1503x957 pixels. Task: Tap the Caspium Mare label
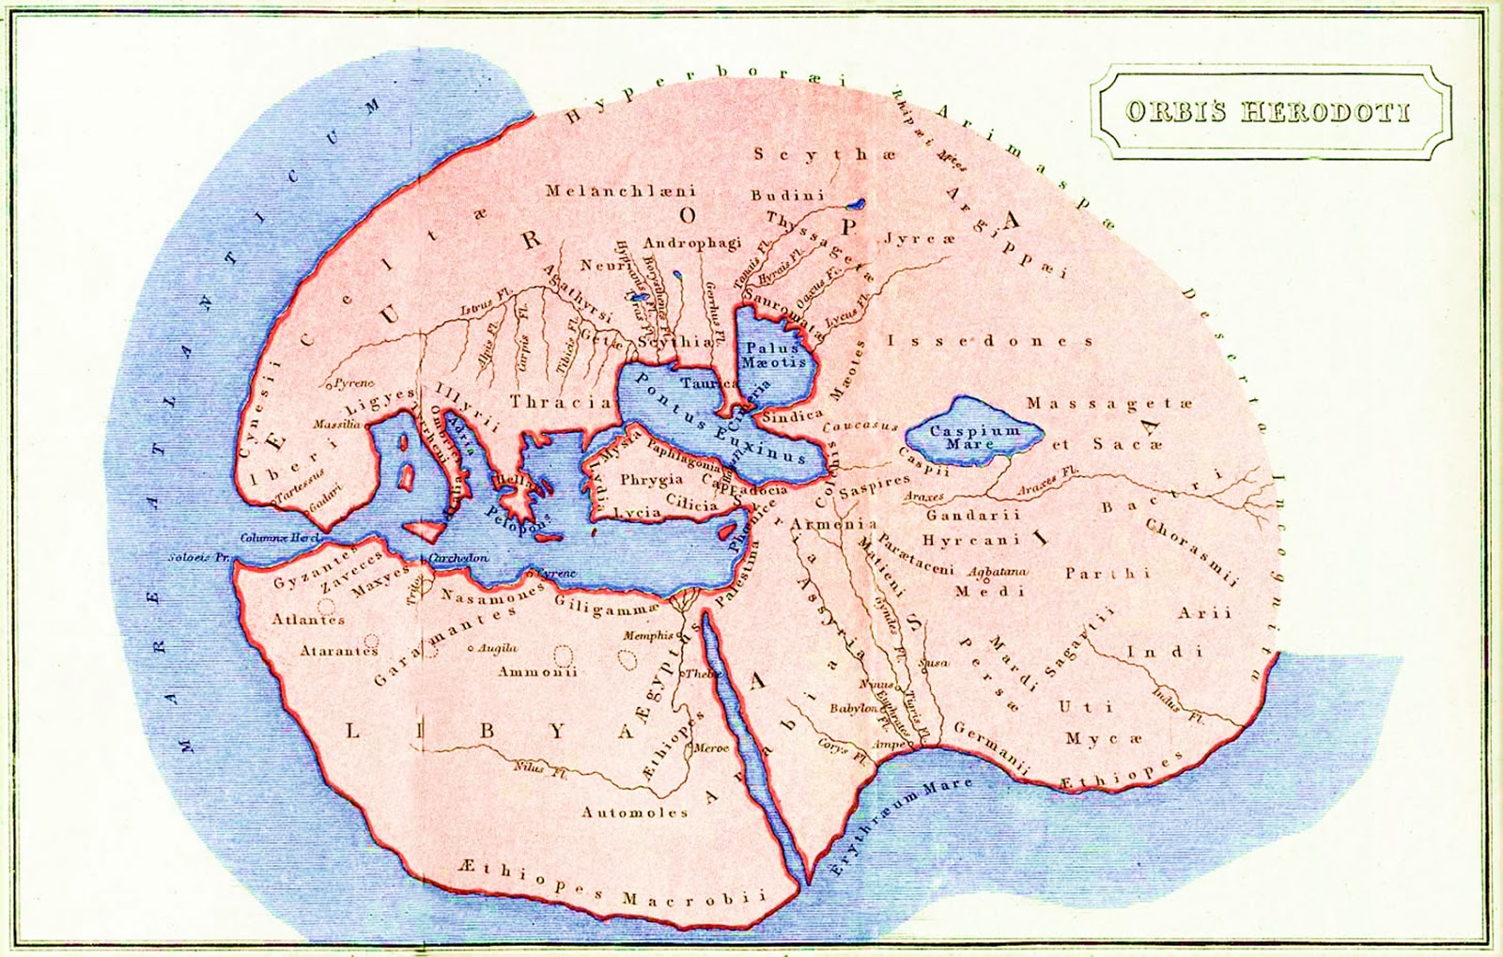coord(973,437)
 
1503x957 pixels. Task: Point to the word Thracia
coord(560,402)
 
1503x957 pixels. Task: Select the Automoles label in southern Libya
coord(635,812)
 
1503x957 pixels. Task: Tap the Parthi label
coord(1108,572)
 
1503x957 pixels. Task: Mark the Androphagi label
coord(692,243)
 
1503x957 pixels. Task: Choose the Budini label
coord(787,195)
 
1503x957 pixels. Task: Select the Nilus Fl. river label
coord(539,767)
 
